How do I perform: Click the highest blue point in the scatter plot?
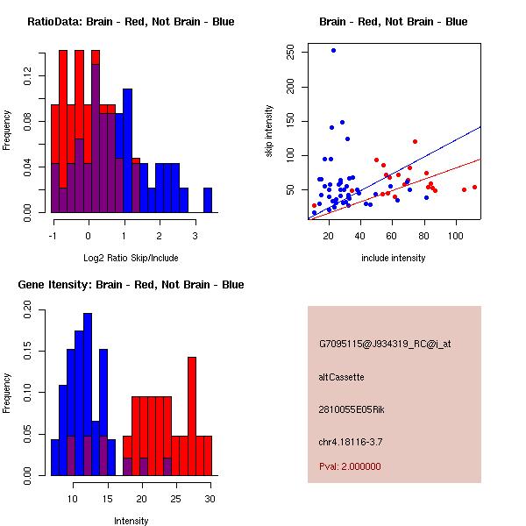[333, 50]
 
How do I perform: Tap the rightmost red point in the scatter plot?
[474, 188]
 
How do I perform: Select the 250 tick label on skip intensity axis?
[290, 52]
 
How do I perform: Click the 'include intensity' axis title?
[393, 258]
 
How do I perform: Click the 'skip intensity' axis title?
[269, 131]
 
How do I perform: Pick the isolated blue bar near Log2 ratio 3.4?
[208, 200]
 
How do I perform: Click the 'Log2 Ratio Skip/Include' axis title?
[131, 258]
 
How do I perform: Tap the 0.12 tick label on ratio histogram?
[27, 75]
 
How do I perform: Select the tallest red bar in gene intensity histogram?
[192, 416]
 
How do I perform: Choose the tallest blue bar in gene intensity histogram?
[88, 394]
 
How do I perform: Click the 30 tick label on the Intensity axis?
[210, 499]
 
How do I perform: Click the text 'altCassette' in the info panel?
[341, 377]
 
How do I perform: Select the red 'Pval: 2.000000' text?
[350, 466]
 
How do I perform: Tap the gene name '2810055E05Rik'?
[352, 409]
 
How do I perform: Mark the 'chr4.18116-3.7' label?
[351, 442]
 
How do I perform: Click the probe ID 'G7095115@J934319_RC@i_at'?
[385, 344]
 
